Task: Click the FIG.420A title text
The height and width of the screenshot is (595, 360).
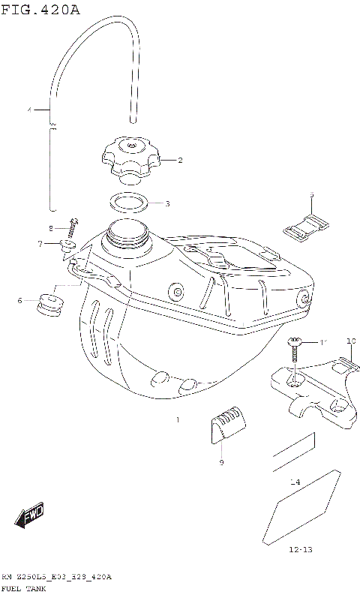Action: point(40,9)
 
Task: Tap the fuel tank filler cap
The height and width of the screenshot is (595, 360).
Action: point(130,157)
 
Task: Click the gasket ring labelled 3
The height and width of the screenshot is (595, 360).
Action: point(129,202)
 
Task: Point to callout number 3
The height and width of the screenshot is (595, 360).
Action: point(167,203)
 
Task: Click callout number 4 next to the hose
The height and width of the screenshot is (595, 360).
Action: point(31,111)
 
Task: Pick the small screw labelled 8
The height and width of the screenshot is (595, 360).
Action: point(73,224)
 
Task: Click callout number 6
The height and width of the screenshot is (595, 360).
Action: point(20,301)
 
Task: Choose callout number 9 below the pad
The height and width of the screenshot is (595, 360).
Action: point(222,462)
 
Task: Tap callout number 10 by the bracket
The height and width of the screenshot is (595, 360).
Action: point(349,341)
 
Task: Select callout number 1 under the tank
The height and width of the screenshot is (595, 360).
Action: point(178,420)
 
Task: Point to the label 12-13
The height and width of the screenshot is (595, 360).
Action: point(299,550)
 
